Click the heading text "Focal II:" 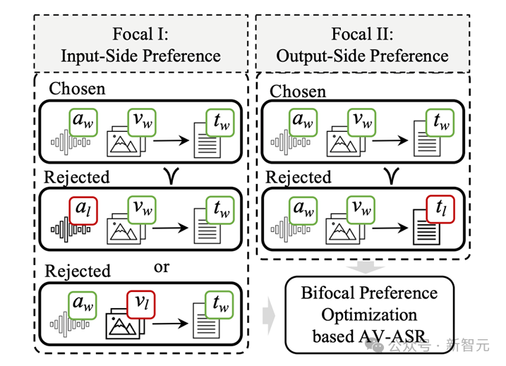362,33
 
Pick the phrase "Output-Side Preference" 362,56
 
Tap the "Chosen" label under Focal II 298,91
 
